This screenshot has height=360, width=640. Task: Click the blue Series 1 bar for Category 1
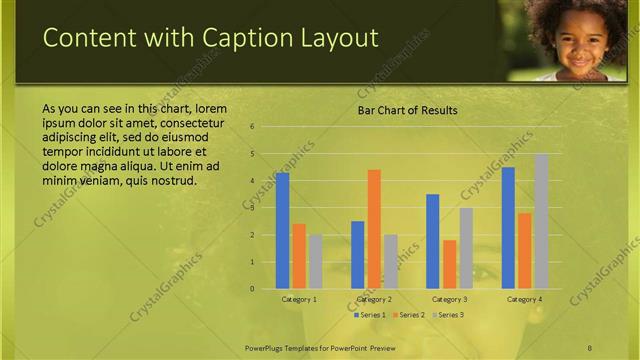click(x=283, y=231)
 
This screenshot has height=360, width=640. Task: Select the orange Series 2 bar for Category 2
click(x=374, y=229)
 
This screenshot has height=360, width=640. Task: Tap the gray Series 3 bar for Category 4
click(x=541, y=221)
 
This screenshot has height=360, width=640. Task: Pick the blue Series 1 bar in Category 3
click(x=433, y=241)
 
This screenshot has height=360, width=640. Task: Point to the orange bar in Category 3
click(x=450, y=264)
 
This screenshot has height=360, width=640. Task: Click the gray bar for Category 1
click(x=315, y=262)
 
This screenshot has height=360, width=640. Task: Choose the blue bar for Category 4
click(x=508, y=228)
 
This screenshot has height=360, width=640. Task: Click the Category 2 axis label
click(x=374, y=299)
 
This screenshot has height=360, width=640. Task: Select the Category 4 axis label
click(x=524, y=299)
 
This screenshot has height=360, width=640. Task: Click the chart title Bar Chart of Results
click(x=408, y=110)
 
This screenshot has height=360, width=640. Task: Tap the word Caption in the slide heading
click(x=240, y=38)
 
